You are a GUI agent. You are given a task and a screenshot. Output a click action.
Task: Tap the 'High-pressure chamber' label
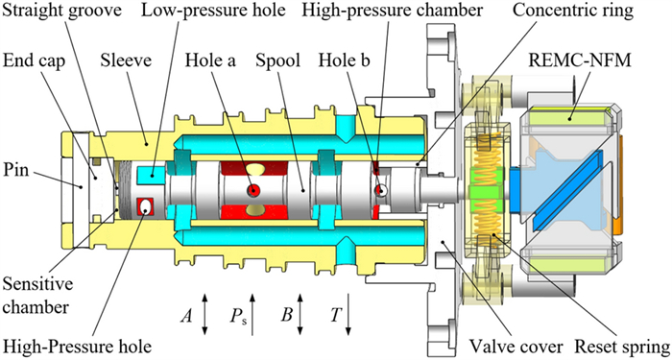(x=392, y=11)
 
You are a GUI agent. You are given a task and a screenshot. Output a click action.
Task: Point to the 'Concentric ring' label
(x=573, y=11)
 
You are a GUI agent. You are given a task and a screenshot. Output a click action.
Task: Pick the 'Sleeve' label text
(x=126, y=60)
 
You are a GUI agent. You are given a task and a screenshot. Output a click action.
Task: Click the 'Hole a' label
(x=210, y=60)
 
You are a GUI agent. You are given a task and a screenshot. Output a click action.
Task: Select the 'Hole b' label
(x=344, y=60)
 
